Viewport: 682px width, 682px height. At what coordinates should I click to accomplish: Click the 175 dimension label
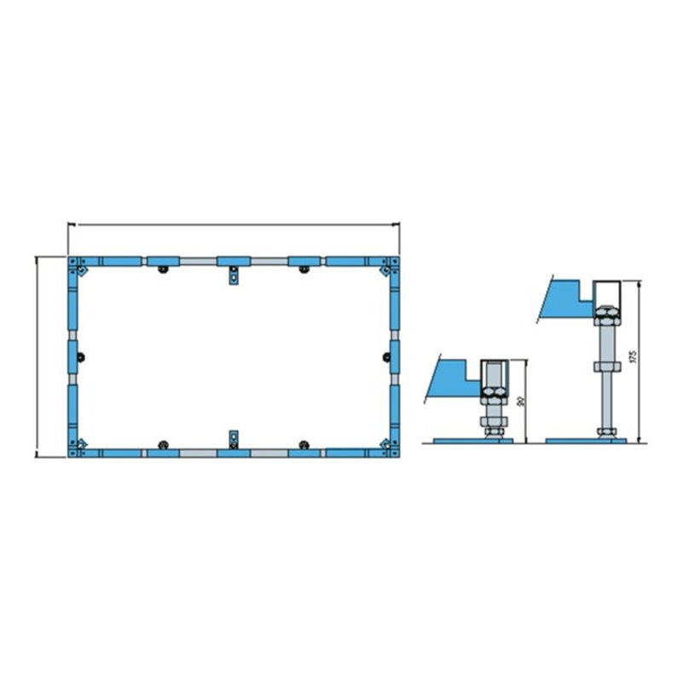pos(632,356)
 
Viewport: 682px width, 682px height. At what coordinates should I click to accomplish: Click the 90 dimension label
pos(520,401)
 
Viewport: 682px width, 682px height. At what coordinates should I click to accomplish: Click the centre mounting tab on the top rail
pos(233,277)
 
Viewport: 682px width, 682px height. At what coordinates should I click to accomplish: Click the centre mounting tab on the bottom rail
pos(233,438)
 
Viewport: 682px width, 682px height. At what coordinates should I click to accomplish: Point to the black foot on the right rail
pos(384,356)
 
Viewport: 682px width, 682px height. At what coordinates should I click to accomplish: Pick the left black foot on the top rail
pos(162,271)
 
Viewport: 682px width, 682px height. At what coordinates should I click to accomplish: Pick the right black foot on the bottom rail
pos(303,442)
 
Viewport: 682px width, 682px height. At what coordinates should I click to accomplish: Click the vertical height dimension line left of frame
pos(37,356)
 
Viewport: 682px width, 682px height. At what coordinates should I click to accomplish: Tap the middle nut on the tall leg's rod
pos(606,367)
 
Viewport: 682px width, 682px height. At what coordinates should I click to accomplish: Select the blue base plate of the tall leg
pos(585,440)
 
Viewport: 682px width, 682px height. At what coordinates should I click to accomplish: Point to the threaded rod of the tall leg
pos(606,396)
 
